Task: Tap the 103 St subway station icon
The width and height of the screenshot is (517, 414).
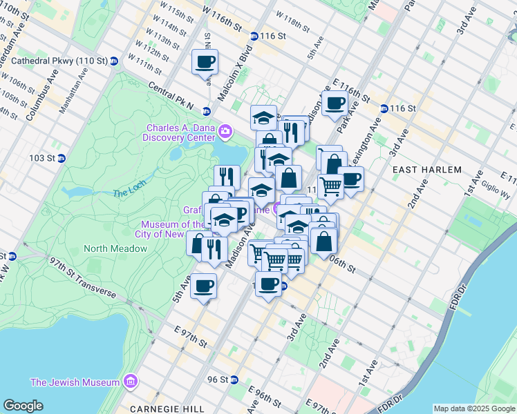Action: tap(61, 158)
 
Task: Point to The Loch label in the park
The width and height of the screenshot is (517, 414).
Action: tap(126, 193)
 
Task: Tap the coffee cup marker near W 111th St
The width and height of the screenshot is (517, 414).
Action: tap(205, 63)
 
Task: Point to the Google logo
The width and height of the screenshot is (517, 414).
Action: tap(23, 406)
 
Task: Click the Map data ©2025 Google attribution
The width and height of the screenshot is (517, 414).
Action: tap(473, 408)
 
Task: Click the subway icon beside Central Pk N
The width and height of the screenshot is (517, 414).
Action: tap(206, 111)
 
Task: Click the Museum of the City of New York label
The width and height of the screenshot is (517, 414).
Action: tap(172, 229)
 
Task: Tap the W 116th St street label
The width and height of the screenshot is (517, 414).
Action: tap(224, 14)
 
